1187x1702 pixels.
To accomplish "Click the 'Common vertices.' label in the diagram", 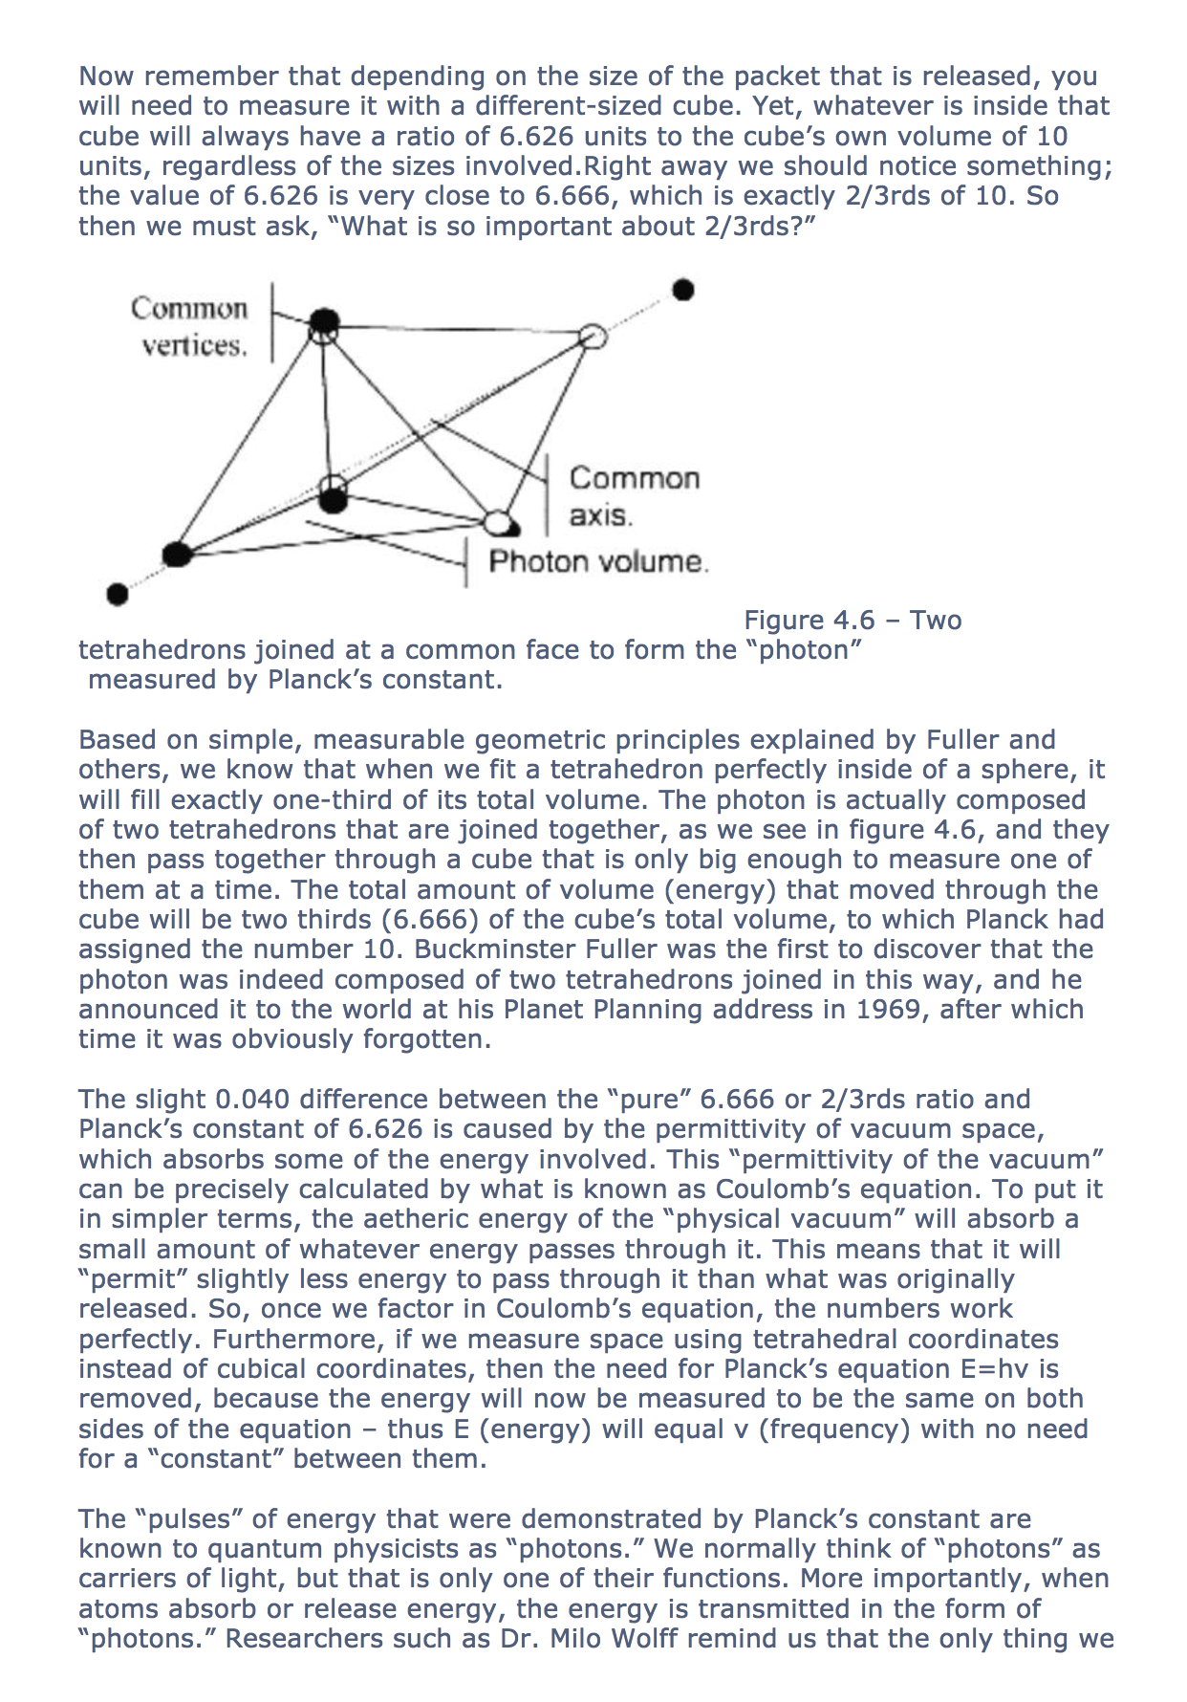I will [190, 326].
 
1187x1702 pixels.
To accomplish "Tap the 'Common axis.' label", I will [634, 496].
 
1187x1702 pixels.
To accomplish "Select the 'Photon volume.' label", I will [598, 561].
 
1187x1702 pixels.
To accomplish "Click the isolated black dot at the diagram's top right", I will [682, 290].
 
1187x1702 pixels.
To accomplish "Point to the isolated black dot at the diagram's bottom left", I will [117, 595].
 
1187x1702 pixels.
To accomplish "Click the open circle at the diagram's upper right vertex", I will [593, 336].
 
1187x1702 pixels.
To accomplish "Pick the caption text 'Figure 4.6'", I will [809, 621].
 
